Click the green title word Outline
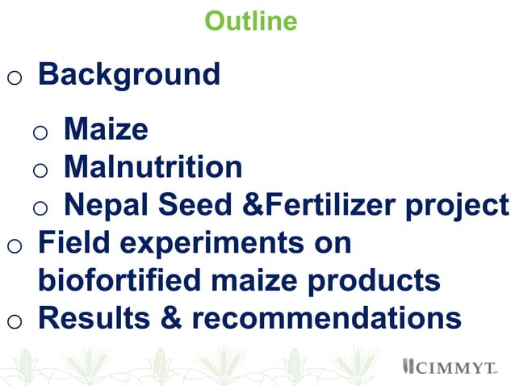250,21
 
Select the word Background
129,75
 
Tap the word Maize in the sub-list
106,129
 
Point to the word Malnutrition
153,167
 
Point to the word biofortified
131,281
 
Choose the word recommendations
326,318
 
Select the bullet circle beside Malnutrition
40,170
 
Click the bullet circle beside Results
14,321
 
